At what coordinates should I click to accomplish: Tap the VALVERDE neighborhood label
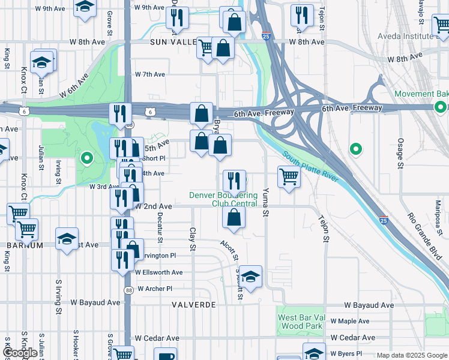pos(193,305)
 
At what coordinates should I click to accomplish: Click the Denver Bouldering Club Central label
pos(223,199)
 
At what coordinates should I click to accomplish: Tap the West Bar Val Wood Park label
pos(301,321)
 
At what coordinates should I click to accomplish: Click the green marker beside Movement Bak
pos(440,107)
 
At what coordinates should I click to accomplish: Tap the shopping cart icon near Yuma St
pos(289,177)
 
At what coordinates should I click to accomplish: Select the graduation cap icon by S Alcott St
pos(251,276)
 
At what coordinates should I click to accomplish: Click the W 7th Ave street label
pos(150,74)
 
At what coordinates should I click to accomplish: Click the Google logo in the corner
pos(20,353)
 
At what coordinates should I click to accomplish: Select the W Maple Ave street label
pos(350,321)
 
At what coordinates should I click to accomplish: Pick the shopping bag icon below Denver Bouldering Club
pos(234,218)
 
